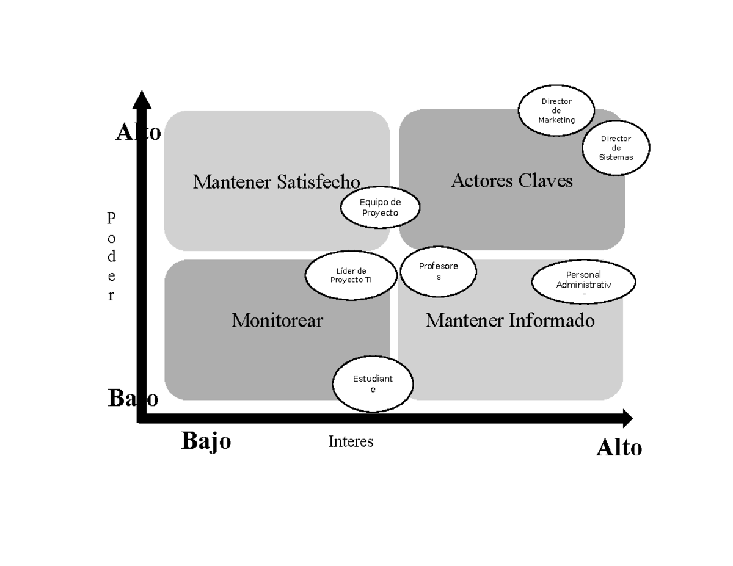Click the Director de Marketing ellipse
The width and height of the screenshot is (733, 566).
click(x=556, y=111)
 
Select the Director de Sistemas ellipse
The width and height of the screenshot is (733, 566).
click(x=616, y=148)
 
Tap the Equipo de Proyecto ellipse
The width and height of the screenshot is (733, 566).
click(x=380, y=208)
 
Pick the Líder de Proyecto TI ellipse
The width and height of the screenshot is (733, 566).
click(x=351, y=275)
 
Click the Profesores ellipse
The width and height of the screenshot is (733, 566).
click(x=438, y=271)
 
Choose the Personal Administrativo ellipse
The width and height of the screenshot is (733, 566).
click(x=583, y=281)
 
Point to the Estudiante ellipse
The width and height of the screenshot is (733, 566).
click(x=373, y=384)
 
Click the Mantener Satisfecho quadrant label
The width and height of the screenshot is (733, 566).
click(x=276, y=181)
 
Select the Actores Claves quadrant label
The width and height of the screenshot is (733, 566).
click(x=511, y=180)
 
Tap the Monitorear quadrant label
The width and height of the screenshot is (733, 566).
click(x=277, y=320)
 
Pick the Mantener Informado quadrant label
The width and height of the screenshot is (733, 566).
click(x=509, y=320)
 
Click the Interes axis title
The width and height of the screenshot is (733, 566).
click(x=351, y=441)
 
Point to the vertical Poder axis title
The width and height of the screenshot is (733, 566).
click(x=111, y=256)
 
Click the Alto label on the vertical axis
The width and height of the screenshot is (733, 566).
click(x=138, y=132)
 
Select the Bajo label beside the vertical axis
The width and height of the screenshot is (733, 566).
click(x=133, y=398)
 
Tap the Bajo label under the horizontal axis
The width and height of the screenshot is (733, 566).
click(x=206, y=440)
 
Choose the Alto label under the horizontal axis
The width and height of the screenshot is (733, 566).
click(x=619, y=448)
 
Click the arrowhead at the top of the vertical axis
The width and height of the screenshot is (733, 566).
click(x=142, y=100)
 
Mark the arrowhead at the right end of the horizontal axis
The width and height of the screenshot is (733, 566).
click(x=627, y=419)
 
